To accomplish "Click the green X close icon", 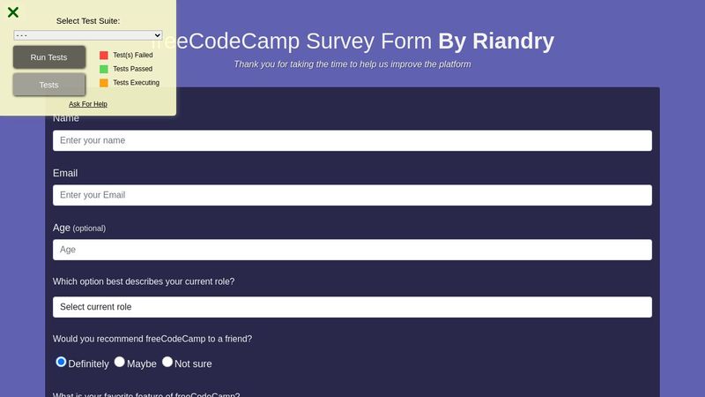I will [13, 12].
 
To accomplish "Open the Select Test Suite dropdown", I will [88, 35].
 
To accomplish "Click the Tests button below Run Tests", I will [49, 85].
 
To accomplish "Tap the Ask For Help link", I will [88, 104].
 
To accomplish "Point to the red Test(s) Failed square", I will [104, 55].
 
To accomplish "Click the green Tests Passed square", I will [104, 69].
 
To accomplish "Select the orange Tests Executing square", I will [104, 83].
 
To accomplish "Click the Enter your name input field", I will [352, 140].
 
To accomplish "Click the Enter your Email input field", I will [352, 195].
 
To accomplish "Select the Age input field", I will [352, 250].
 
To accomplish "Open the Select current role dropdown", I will [352, 307].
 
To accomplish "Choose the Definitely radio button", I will [61, 362].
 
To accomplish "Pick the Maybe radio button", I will [120, 362].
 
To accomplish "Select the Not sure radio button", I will [167, 362].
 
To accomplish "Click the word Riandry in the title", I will [514, 41].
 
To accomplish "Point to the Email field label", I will [65, 173].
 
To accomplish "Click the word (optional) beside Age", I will [89, 228].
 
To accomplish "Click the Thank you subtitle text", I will [352, 64].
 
